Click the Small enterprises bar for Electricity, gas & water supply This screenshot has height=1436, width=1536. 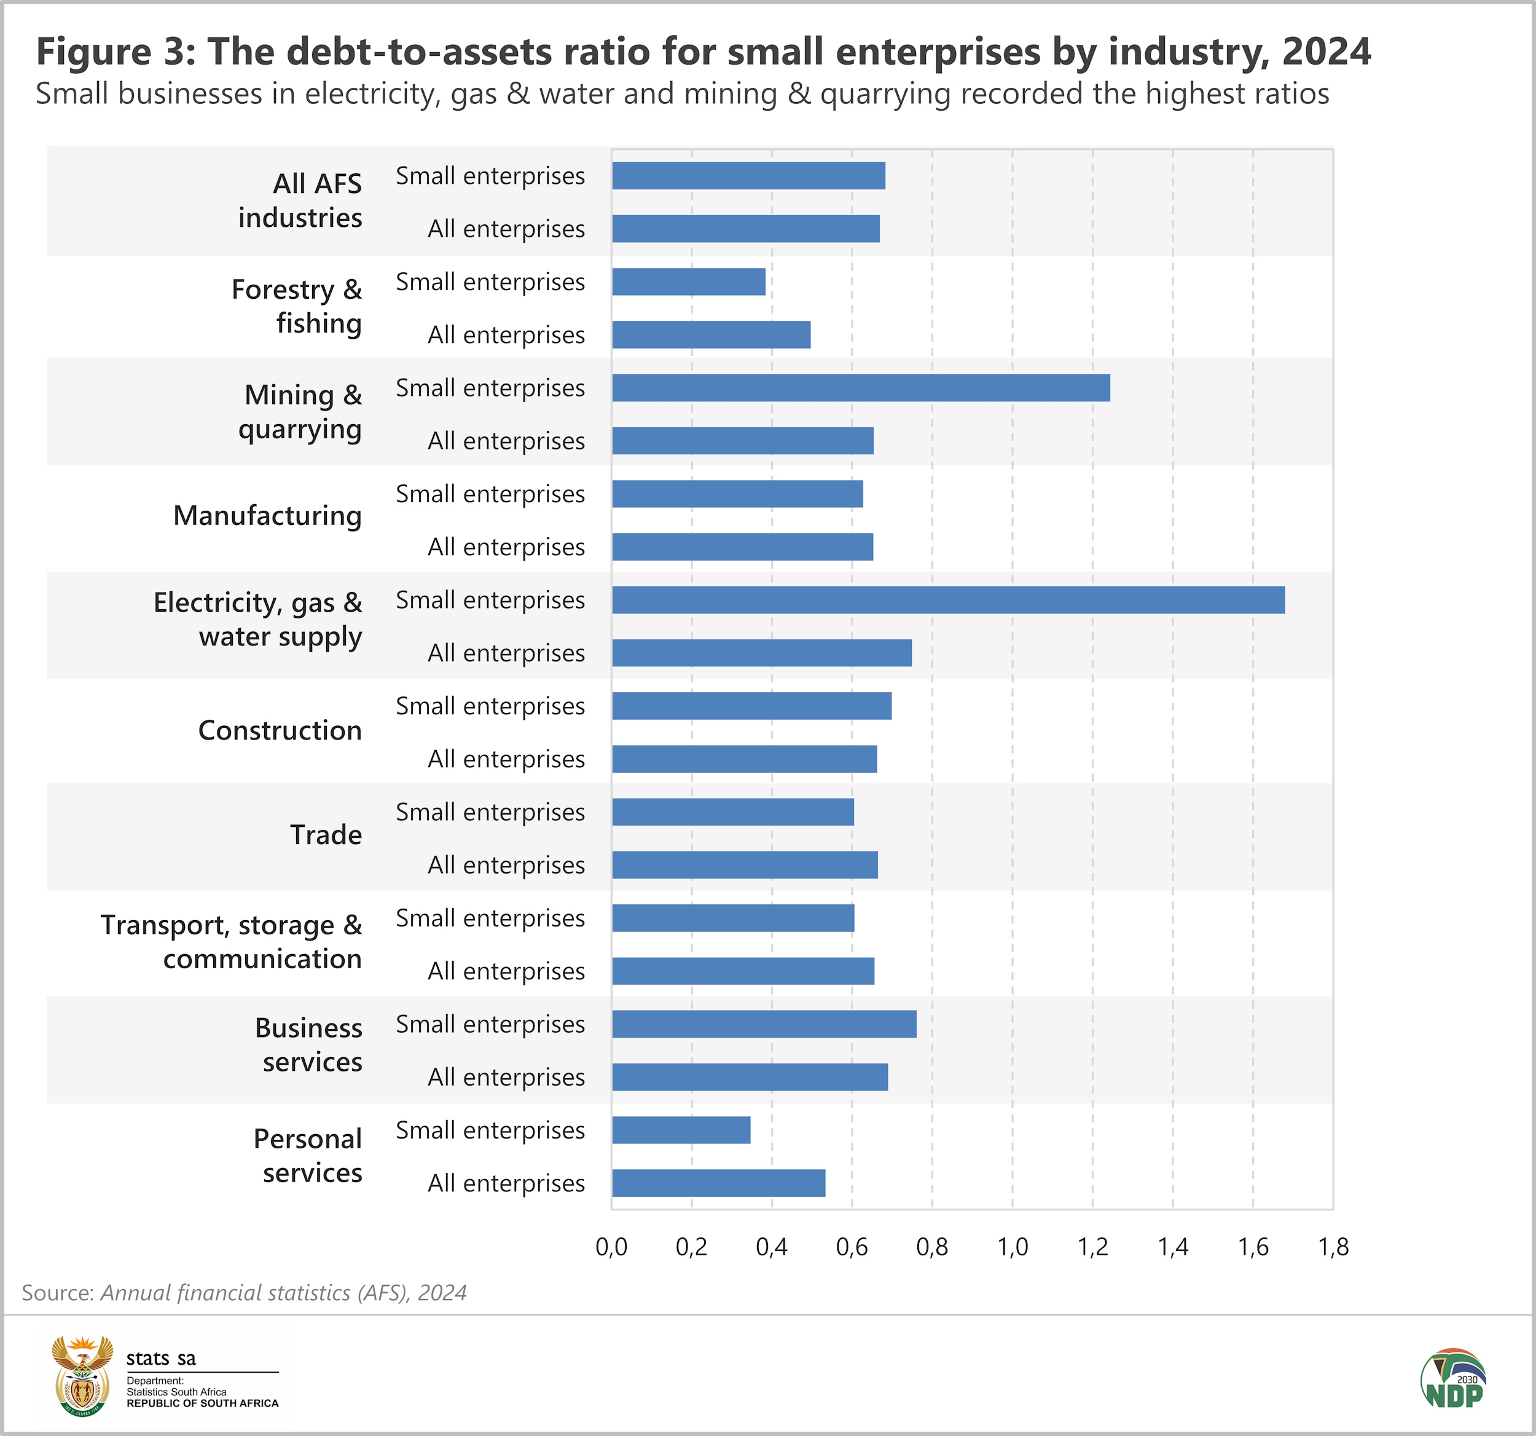(948, 600)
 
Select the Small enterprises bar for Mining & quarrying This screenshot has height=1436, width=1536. (861, 388)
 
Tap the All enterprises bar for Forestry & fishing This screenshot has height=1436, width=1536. (711, 334)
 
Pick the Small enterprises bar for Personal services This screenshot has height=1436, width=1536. (681, 1130)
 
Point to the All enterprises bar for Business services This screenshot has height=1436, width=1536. (750, 1076)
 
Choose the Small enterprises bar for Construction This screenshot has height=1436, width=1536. (751, 706)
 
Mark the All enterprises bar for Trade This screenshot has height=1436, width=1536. (745, 865)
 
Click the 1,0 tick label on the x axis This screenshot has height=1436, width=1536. (1012, 1247)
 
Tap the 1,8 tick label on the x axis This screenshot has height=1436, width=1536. (1333, 1247)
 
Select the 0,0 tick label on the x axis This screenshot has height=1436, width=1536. (611, 1247)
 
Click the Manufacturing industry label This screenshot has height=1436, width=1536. (267, 516)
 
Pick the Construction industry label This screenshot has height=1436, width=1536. (280, 730)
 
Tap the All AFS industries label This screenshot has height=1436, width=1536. (300, 200)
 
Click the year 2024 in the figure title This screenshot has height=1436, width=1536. (1326, 52)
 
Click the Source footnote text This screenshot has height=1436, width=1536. (244, 1293)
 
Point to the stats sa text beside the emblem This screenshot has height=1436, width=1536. (161, 1359)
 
